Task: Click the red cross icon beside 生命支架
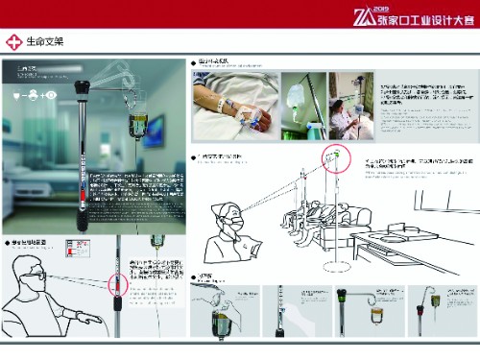click(13, 42)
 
